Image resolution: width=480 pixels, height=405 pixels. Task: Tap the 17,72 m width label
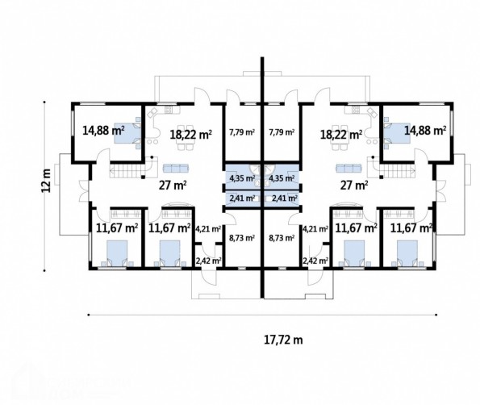(x=283, y=340)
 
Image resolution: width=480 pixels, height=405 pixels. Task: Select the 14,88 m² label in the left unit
(x=103, y=131)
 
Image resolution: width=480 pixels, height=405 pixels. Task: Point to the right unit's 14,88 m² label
(x=425, y=131)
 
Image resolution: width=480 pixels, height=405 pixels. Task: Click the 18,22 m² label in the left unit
(x=191, y=135)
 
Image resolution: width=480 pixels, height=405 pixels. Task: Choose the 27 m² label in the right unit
(x=354, y=186)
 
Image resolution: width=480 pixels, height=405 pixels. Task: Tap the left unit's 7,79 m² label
(x=242, y=132)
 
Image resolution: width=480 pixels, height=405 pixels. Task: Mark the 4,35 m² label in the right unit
(x=282, y=177)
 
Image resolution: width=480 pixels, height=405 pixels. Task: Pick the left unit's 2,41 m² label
(x=242, y=198)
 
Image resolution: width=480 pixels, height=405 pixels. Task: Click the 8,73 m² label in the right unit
(x=282, y=238)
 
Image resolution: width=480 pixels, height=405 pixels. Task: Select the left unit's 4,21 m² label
(x=208, y=228)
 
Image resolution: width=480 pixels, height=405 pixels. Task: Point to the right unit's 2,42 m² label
(x=315, y=261)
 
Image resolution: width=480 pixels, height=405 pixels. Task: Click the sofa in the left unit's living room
(x=176, y=168)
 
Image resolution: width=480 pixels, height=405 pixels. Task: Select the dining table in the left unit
(x=186, y=137)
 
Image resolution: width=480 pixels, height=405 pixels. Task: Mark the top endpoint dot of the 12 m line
(x=44, y=102)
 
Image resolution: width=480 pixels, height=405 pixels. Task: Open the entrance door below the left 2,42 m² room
(x=209, y=276)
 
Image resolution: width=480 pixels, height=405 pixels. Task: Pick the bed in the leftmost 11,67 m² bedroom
(x=117, y=253)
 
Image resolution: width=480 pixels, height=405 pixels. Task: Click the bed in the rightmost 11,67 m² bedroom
(x=407, y=253)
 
